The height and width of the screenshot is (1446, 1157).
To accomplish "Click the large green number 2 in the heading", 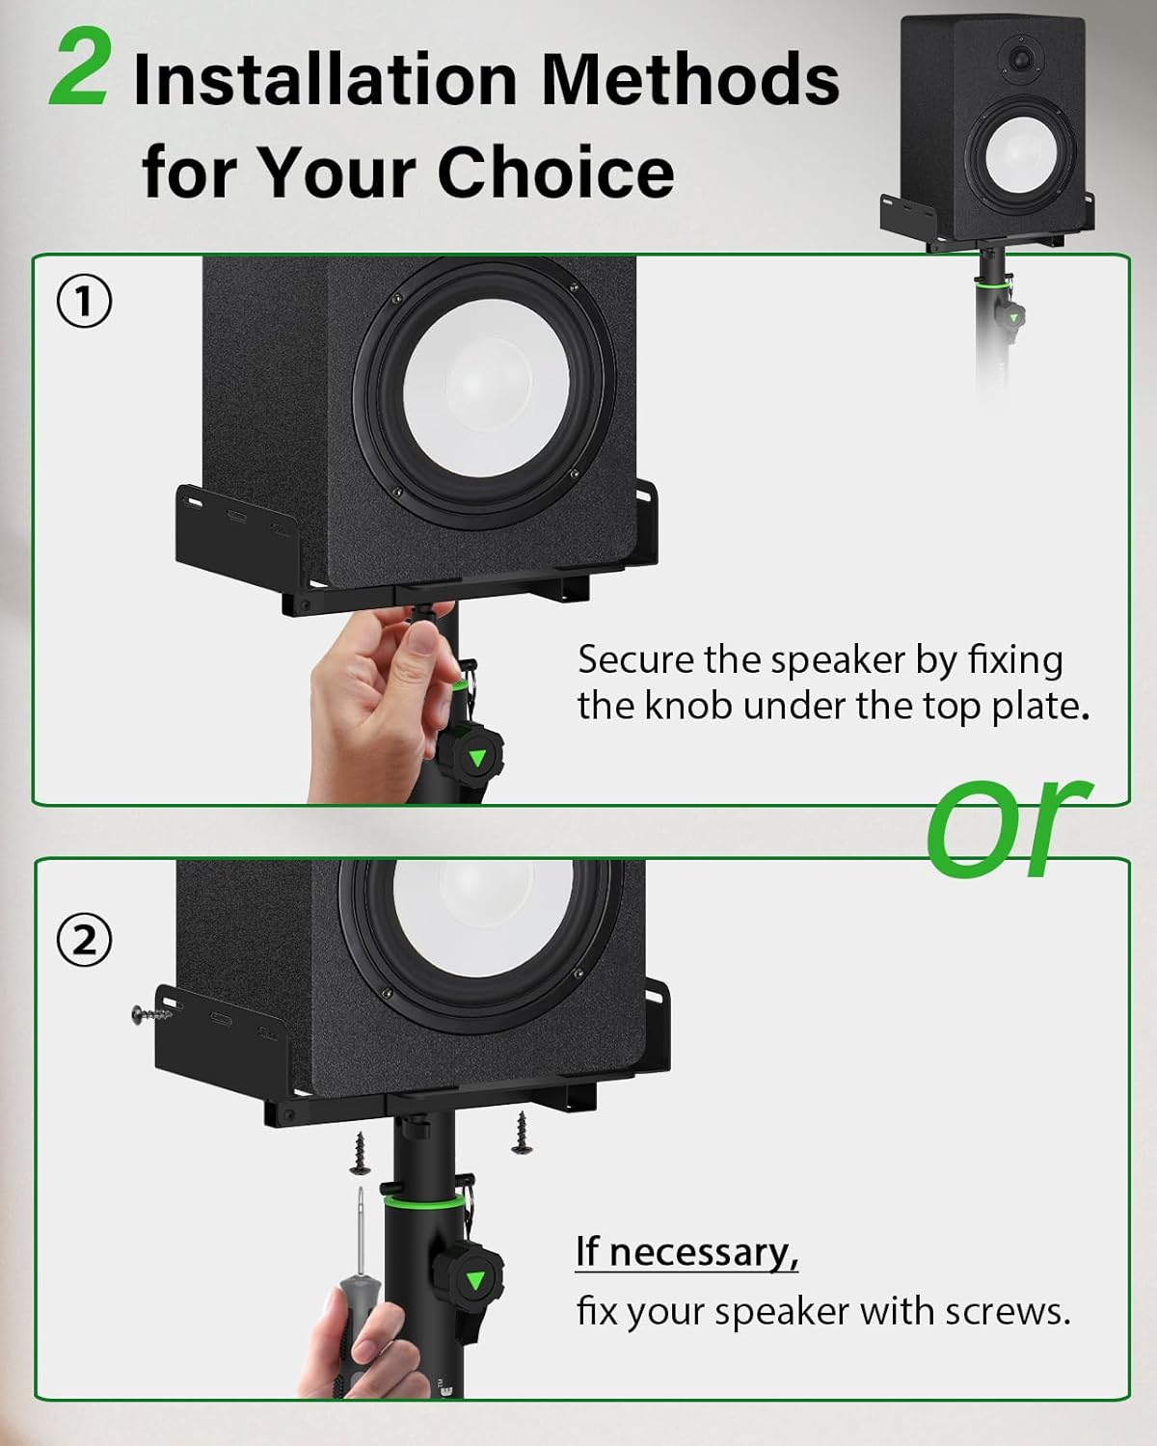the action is pyautogui.click(x=79, y=67).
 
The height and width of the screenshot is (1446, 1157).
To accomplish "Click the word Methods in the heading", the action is pyautogui.click(x=690, y=79).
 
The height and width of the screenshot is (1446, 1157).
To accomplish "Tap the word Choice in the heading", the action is pyautogui.click(x=556, y=172).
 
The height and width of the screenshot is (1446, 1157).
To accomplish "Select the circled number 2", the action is pyautogui.click(x=83, y=942).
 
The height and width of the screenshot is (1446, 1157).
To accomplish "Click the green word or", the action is pyautogui.click(x=1009, y=828).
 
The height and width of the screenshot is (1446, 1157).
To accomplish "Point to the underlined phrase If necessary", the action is pyautogui.click(x=686, y=1251).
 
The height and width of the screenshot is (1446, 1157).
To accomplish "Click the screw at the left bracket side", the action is pyautogui.click(x=150, y=1012).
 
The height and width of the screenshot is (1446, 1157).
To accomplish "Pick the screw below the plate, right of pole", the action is pyautogui.click(x=521, y=1133).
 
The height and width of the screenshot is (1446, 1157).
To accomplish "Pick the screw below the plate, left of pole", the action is pyautogui.click(x=361, y=1152).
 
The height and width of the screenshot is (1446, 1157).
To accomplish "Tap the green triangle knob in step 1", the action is pyautogui.click(x=476, y=758).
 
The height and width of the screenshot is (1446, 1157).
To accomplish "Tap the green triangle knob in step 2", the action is pyautogui.click(x=474, y=1281).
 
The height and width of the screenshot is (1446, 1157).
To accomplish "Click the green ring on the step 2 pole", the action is pyautogui.click(x=423, y=1205).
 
